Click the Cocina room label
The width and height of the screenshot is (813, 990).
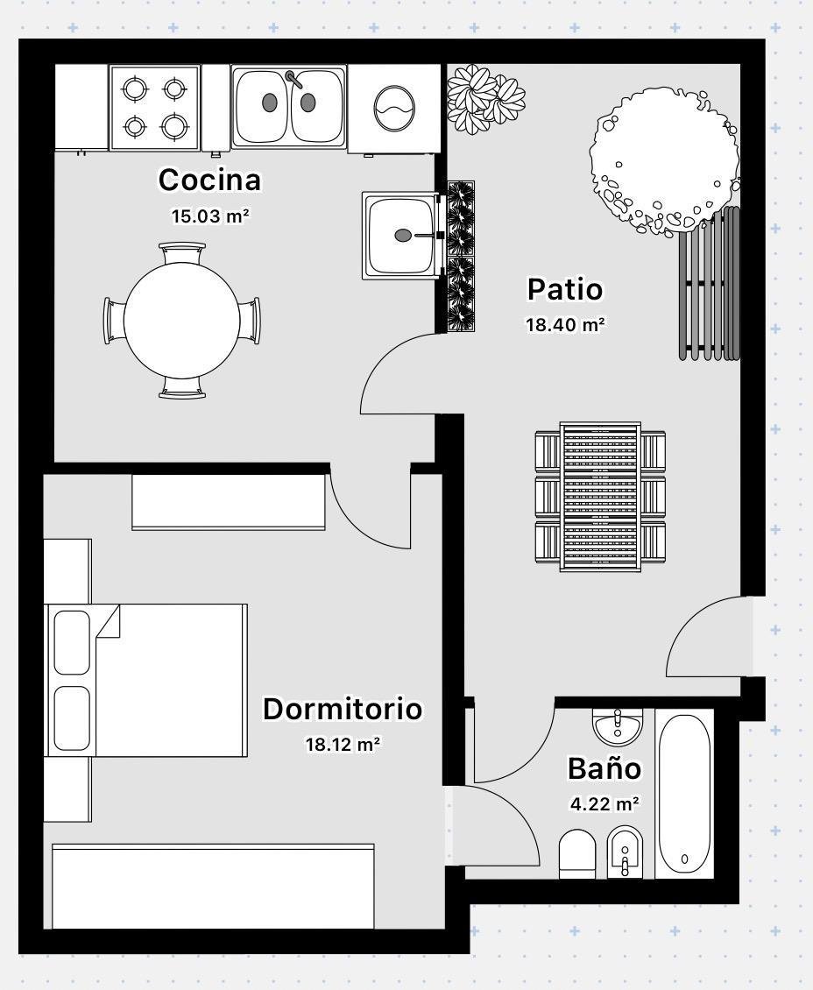tap(209, 180)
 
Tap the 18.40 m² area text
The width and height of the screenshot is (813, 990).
tap(566, 324)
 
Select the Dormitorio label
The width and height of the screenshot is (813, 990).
tap(343, 709)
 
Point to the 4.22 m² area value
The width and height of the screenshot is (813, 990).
tap(604, 803)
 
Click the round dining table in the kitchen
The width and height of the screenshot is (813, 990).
tap(182, 320)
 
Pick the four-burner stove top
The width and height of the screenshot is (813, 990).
tap(155, 108)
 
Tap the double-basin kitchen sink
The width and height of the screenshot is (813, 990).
tap(289, 107)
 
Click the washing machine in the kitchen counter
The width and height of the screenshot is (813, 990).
tap(394, 109)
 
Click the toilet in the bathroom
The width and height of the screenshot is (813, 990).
tap(577, 853)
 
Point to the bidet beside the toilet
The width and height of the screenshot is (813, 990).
tap(625, 852)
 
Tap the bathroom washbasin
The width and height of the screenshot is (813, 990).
tap(618, 725)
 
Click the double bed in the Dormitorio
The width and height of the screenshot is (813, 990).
tap(146, 679)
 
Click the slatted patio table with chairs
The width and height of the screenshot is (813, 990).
tap(600, 497)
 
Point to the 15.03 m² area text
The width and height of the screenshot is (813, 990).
tap(210, 216)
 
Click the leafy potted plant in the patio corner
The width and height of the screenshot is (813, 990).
tap(485, 99)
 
